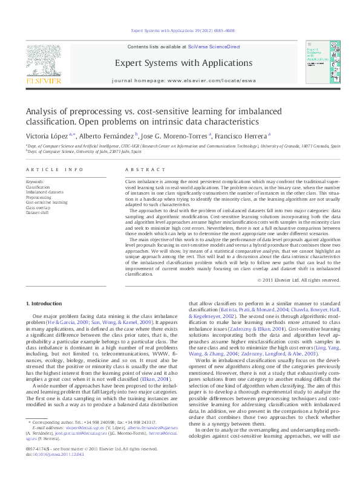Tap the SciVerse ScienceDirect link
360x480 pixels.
(x=214, y=47)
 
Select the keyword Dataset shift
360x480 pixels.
(x=38, y=213)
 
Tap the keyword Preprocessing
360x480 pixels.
(x=39, y=197)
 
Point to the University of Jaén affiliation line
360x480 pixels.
(x=84, y=152)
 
